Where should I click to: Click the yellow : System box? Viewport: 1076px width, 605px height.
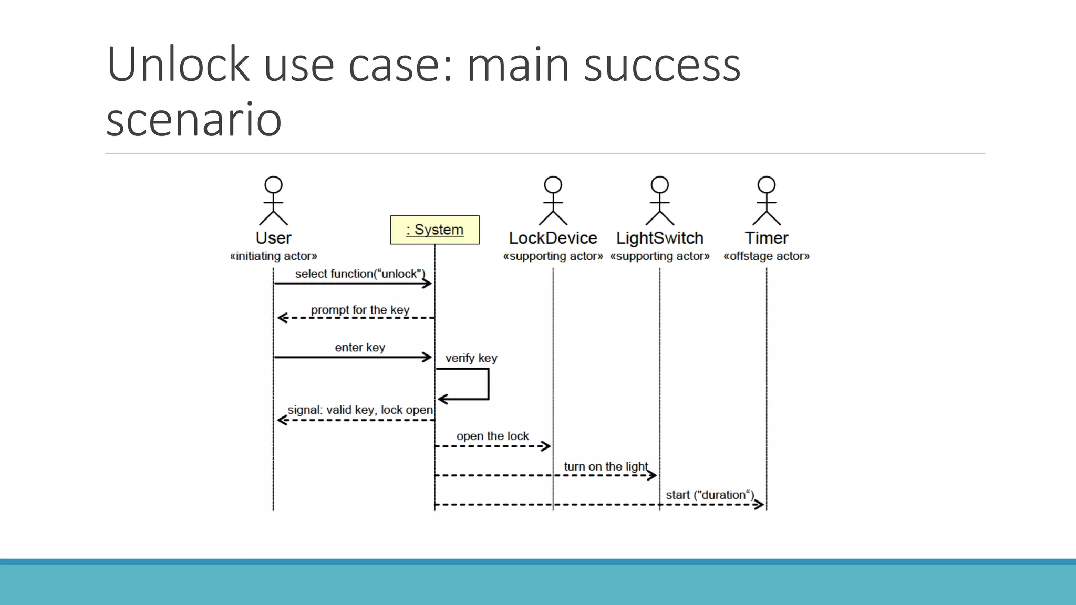[x=434, y=230]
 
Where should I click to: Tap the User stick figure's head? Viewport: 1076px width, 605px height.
[x=273, y=185]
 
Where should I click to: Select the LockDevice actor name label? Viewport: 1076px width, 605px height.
[x=553, y=238]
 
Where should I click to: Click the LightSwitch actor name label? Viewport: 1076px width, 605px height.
[x=659, y=238]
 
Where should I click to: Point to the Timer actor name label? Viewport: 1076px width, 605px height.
[x=766, y=238]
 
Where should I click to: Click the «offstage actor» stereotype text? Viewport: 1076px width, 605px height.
[x=766, y=256]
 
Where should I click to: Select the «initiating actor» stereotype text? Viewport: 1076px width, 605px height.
[x=273, y=256]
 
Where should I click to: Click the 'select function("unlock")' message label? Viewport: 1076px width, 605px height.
[x=360, y=274]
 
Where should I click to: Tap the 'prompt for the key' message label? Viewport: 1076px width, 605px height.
[x=360, y=310]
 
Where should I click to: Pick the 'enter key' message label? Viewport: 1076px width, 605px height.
[x=360, y=348]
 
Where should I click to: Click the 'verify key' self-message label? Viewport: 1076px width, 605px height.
[x=471, y=358]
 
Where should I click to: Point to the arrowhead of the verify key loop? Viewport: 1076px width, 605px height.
[x=442, y=400]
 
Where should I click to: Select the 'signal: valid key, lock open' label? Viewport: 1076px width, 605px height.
[x=360, y=410]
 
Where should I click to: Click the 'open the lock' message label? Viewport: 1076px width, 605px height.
[x=492, y=436]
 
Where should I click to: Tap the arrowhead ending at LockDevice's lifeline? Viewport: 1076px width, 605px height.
[x=546, y=446]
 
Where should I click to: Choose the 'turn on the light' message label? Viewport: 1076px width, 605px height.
[x=606, y=466]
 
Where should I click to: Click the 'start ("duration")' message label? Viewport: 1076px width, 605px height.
[x=710, y=495]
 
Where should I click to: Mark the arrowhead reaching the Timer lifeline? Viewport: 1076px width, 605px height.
[x=759, y=505]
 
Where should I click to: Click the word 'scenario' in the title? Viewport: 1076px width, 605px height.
[x=194, y=120]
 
